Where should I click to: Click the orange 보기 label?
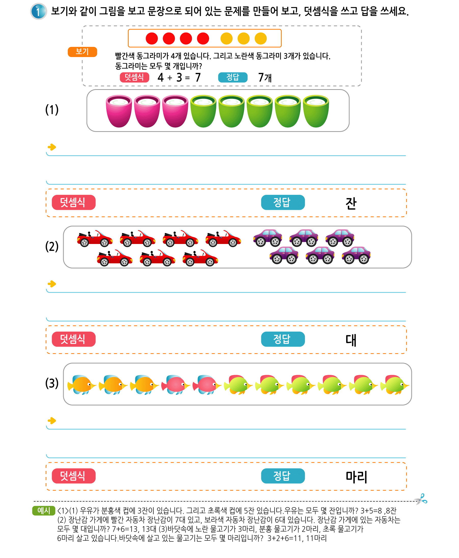pyautogui.click(x=82, y=51)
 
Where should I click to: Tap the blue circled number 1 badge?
pyautogui.click(x=39, y=11)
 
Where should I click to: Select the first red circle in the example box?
pyautogui.click(x=152, y=39)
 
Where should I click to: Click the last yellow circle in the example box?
pyautogui.click(x=261, y=39)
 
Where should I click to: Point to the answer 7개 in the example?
pyautogui.click(x=265, y=77)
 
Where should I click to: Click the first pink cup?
pyautogui.click(x=119, y=111)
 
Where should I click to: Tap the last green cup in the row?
pyautogui.click(x=316, y=111)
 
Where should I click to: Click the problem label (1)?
pyautogui.click(x=52, y=110)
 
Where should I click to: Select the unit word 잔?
pyautogui.click(x=351, y=203)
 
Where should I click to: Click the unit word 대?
pyautogui.click(x=351, y=340)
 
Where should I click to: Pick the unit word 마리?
pyautogui.click(x=356, y=477)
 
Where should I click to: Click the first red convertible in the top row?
pyautogui.click(x=95, y=238)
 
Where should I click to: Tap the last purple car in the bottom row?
pyautogui.click(x=356, y=255)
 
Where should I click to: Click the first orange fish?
pyautogui.click(x=82, y=385)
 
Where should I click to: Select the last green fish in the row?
pyautogui.click(x=395, y=385)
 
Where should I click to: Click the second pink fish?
pyautogui.click(x=207, y=385)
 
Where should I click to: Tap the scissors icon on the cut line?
pyautogui.click(x=421, y=499)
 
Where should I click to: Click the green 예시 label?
pyautogui.click(x=44, y=510)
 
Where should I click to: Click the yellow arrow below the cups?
pyautogui.click(x=52, y=147)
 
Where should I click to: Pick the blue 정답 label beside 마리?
pyautogui.click(x=283, y=476)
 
